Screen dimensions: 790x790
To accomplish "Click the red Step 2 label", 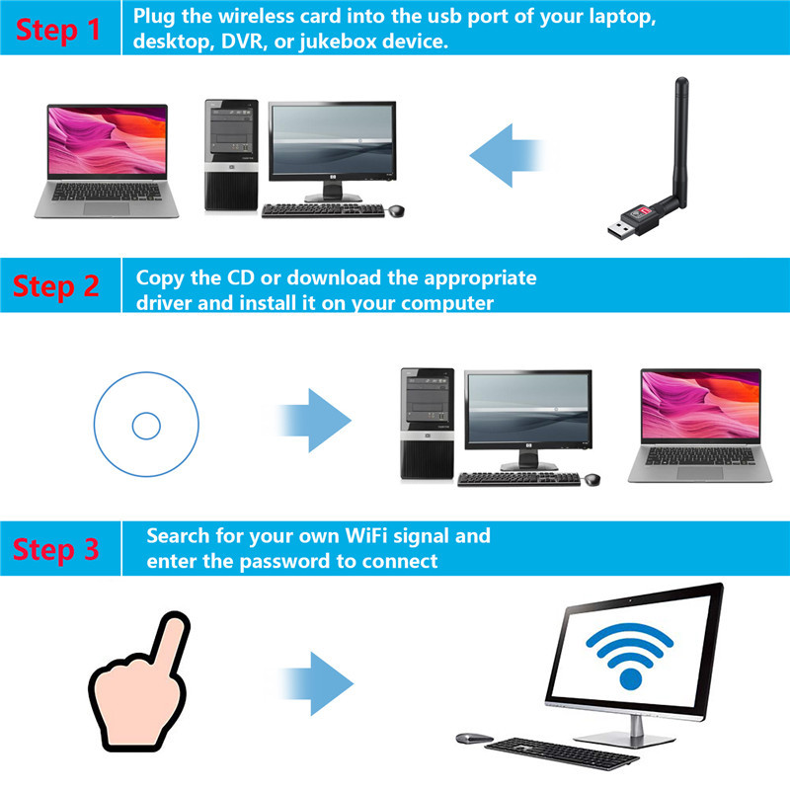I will coord(56,286).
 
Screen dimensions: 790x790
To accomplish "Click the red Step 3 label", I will coord(56,548).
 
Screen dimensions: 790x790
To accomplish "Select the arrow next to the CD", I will coord(315,420).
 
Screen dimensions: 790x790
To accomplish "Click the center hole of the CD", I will coord(145,426).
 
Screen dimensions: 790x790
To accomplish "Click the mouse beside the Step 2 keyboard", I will coord(592,479).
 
